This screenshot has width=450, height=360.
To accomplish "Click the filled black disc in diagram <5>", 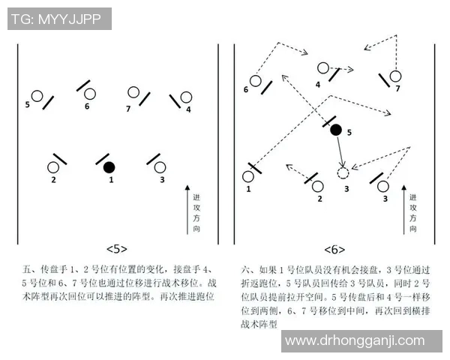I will (x=109, y=166).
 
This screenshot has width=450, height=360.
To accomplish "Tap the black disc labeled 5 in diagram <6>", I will (x=336, y=130).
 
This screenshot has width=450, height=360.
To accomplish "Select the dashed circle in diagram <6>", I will (x=343, y=173).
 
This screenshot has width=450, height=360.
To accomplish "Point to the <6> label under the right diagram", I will (x=334, y=249).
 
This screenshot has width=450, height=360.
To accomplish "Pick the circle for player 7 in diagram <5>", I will (x=133, y=93).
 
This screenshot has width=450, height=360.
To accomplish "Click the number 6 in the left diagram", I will (x=87, y=106).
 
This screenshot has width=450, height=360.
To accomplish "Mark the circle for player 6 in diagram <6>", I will (x=256, y=80).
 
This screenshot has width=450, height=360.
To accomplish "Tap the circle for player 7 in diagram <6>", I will (x=395, y=75).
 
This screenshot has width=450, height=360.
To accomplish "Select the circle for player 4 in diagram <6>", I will (x=322, y=68).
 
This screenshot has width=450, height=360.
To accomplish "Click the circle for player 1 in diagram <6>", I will (x=247, y=177).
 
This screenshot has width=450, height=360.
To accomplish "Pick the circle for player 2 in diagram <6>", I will (x=318, y=185).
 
